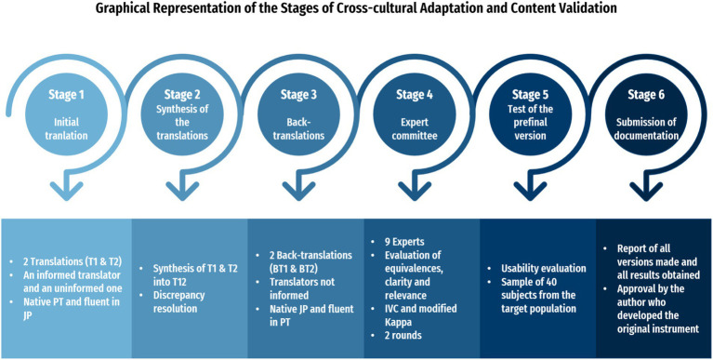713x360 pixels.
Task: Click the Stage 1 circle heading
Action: tap(66, 96)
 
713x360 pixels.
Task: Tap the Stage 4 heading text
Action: tap(415, 96)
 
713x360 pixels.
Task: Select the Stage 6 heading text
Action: tap(646, 96)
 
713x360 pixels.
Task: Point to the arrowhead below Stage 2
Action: tap(182, 191)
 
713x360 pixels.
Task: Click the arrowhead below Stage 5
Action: tap(530, 191)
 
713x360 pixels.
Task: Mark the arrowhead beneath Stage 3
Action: tap(298, 191)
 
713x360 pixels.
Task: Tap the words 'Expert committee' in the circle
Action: tap(415, 128)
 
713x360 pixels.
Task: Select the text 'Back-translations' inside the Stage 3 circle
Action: tap(298, 128)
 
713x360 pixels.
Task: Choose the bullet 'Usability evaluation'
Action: tap(544, 269)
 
